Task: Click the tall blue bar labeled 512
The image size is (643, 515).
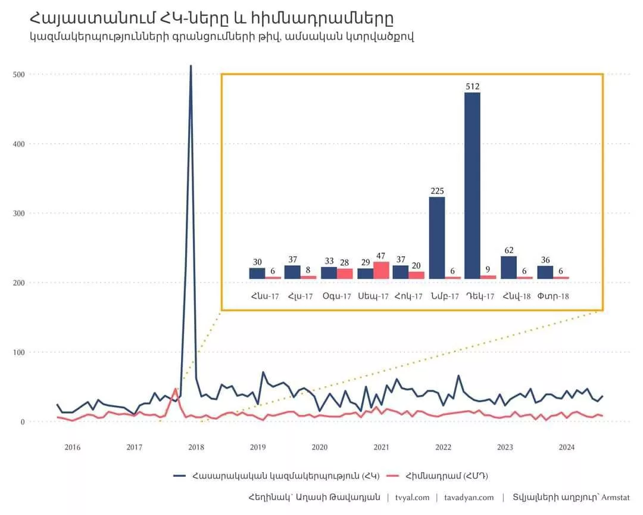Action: pos(472,185)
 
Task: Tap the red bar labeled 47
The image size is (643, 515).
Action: pos(381,270)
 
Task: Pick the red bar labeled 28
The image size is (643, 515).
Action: pos(345,273)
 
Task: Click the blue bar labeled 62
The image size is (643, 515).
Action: pos(508,267)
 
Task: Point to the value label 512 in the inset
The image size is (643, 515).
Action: pos(472,87)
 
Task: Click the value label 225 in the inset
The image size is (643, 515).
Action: pos(436,191)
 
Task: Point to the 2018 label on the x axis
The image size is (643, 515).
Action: pos(196,447)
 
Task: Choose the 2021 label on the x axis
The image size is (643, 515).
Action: pos(381,447)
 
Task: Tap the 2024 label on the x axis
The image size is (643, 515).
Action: pos(567,447)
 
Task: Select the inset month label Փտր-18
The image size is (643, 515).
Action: pos(553,296)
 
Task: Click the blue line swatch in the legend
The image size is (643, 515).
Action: pos(180,476)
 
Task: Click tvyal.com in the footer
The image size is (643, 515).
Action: pos(412,498)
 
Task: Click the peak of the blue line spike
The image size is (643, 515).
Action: pos(191,66)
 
